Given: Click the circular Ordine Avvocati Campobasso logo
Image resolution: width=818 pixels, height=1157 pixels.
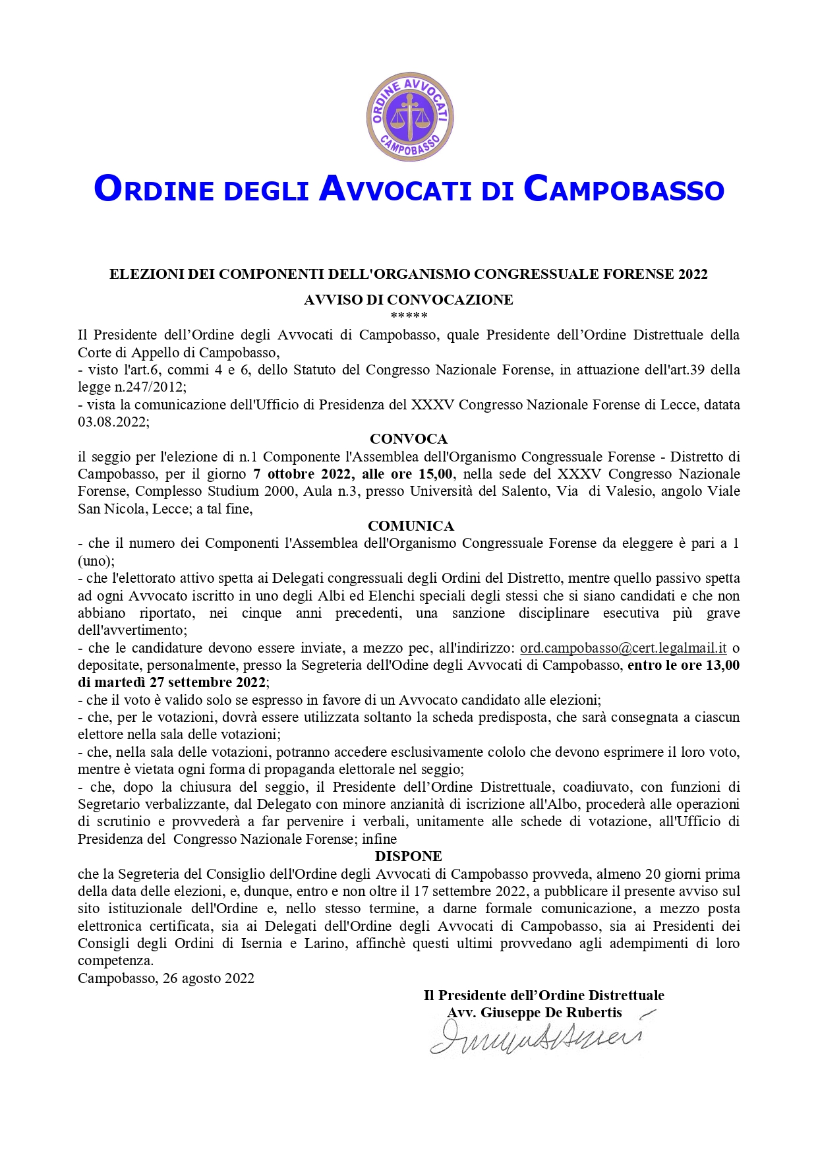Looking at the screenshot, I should pyautogui.click(x=409, y=117).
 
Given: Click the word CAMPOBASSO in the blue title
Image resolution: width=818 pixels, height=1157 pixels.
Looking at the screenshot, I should pyautogui.click(x=624, y=189).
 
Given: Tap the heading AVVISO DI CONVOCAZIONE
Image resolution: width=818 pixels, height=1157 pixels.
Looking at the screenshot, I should pyautogui.click(x=408, y=300).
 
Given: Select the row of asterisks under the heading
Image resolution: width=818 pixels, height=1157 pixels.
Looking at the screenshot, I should pyautogui.click(x=409, y=316).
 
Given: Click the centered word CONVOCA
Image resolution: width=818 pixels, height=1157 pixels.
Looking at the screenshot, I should pyautogui.click(x=409, y=439).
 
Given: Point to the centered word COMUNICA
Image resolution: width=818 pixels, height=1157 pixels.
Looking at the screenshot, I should pyautogui.click(x=411, y=526).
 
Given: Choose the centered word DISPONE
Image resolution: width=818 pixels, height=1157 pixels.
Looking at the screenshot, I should pyautogui.click(x=409, y=856).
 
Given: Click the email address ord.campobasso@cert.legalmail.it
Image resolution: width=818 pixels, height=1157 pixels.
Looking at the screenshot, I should pyautogui.click(x=623, y=648).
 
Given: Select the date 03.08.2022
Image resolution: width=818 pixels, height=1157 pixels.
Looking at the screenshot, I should pyautogui.click(x=113, y=422).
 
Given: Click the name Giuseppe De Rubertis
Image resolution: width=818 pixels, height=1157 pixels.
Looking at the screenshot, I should pyautogui.click(x=551, y=1013).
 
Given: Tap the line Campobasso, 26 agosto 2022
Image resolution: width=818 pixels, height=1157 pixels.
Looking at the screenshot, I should pyautogui.click(x=166, y=978).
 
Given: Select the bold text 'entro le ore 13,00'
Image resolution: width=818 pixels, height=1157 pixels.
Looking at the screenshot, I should pyautogui.click(x=684, y=665).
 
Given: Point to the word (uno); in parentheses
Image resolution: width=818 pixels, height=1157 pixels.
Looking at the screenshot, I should pyautogui.click(x=96, y=561).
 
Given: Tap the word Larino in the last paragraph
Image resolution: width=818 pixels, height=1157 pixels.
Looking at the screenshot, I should pyautogui.click(x=326, y=943).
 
